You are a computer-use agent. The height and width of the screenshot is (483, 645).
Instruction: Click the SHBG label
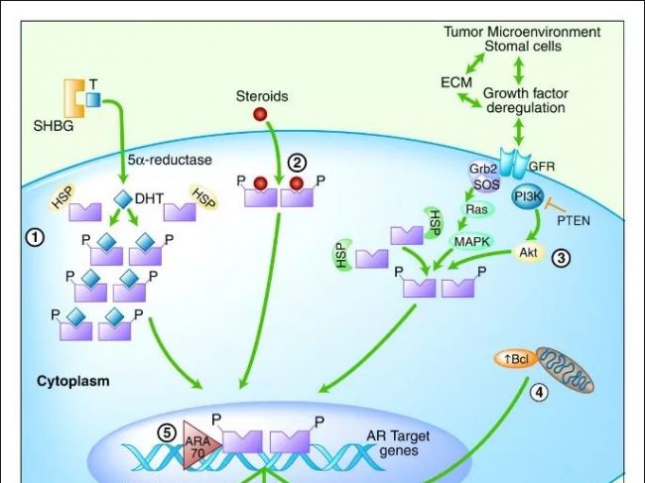[53, 126]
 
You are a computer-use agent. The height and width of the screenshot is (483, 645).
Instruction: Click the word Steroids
[262, 96]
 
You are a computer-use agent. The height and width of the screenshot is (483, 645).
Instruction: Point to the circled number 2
[296, 162]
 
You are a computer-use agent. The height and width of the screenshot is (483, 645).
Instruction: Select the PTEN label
[573, 219]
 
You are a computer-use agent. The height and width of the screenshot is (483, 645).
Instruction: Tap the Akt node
[529, 252]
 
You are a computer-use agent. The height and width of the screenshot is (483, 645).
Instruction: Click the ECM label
[455, 82]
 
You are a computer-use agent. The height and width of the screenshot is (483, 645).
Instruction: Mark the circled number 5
[168, 431]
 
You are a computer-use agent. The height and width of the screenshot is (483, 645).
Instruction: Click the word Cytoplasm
[72, 380]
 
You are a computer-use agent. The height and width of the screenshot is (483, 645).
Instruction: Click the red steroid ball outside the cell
[261, 115]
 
